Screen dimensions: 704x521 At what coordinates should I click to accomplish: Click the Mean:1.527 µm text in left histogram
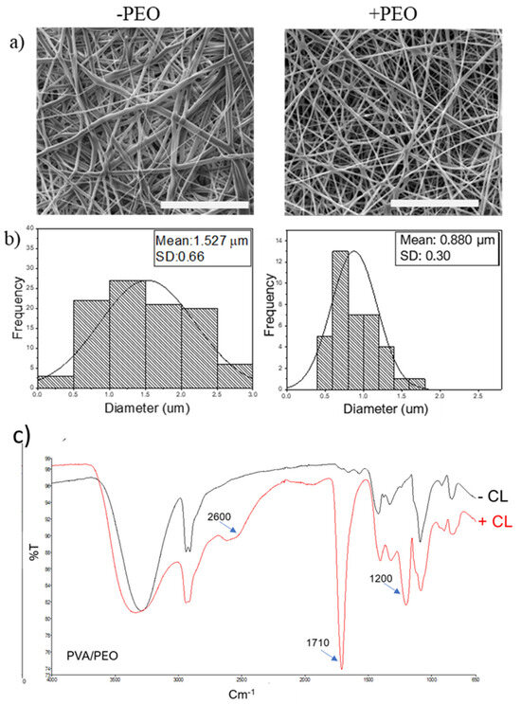coord(200,240)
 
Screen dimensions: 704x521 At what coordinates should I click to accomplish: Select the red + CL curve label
coord(489,519)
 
